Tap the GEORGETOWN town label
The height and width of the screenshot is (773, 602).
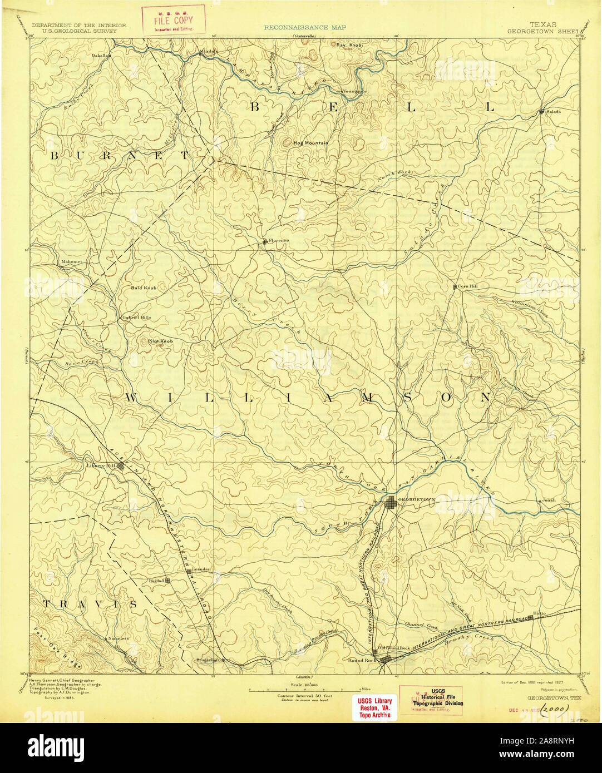point(417,500)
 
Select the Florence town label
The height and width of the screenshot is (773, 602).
point(279,241)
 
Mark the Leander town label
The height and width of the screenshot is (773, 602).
point(200,570)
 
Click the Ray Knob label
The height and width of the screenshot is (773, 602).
point(349,45)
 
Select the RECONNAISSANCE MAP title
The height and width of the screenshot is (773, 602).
point(304,27)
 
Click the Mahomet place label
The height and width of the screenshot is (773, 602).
point(71,261)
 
